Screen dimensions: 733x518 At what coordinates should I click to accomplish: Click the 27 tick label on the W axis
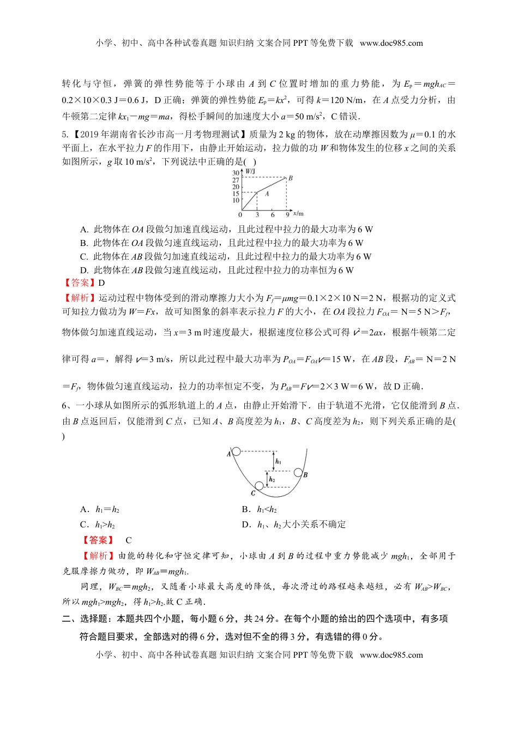(236, 180)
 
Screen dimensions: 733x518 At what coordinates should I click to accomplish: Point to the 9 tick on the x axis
(287, 214)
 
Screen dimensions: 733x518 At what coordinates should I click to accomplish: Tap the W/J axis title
(251, 172)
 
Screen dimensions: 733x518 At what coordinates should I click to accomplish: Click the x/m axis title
(298, 213)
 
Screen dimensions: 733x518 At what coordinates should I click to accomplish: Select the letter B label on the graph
(291, 178)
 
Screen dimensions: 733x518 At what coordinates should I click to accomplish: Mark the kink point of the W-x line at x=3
(257, 192)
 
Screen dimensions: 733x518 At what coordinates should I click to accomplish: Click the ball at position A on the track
(236, 451)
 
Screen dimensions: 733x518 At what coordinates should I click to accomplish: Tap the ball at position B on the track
(298, 472)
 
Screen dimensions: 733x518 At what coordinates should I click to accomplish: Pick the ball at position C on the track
(259, 485)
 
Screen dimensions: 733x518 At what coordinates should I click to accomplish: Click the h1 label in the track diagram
(279, 461)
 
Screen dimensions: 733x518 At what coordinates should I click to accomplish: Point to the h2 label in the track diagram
(272, 480)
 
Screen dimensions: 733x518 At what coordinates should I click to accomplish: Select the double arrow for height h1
(274, 461)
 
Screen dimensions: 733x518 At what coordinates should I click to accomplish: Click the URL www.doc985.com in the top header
(391, 43)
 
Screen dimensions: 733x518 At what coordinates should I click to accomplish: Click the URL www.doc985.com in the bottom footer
(391, 654)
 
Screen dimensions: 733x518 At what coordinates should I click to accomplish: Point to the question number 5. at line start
(65, 134)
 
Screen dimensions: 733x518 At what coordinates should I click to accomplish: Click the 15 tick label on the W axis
(236, 194)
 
